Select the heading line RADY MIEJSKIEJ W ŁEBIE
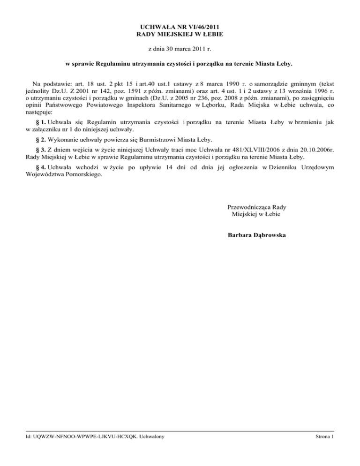[180, 35]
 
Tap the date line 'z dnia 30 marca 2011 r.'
[180, 48]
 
